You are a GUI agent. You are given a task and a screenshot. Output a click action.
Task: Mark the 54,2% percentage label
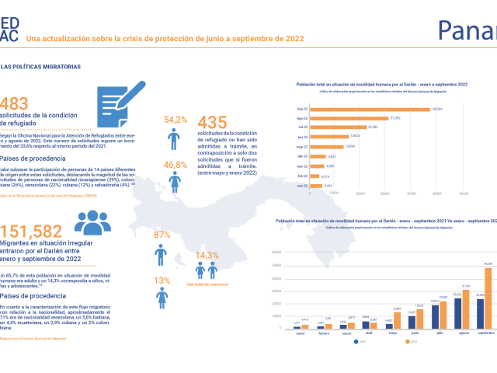176,120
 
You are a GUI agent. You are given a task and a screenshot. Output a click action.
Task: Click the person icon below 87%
162,256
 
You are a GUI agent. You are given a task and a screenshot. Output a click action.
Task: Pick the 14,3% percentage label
207,255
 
